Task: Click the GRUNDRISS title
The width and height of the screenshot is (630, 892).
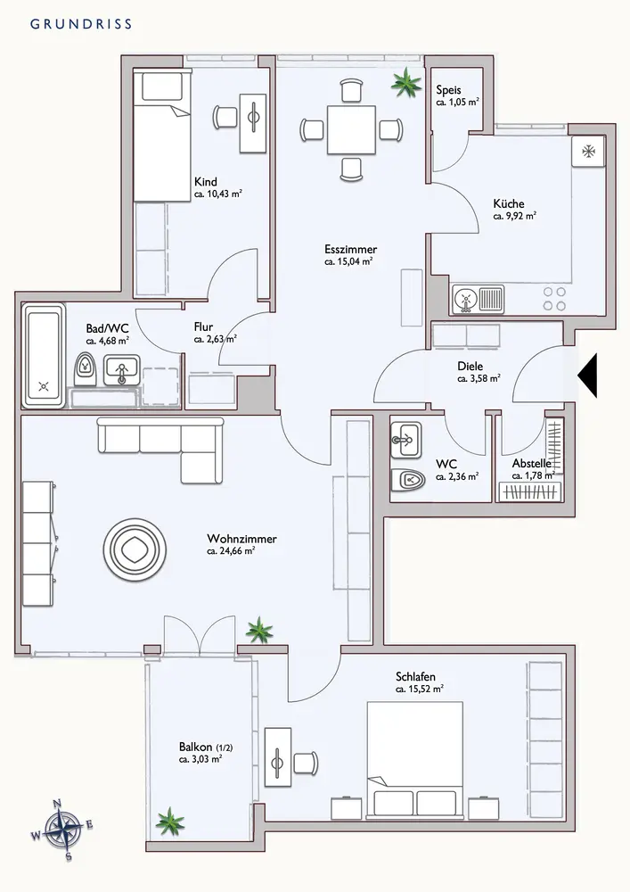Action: tap(81, 24)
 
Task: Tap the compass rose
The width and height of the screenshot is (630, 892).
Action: tap(62, 830)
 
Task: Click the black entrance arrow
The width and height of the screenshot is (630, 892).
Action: tap(587, 375)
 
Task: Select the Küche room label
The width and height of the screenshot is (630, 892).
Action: tap(509, 203)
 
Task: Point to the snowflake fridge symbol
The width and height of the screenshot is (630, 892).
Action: tap(588, 152)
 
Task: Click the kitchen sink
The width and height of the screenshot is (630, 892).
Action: tap(479, 299)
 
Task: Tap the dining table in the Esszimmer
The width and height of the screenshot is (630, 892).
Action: tap(351, 129)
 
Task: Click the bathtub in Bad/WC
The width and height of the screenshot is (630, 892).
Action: tap(44, 356)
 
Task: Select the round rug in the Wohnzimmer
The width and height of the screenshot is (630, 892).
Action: tap(135, 549)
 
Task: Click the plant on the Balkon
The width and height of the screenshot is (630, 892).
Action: tap(170, 822)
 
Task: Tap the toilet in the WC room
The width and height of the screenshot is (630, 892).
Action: tap(408, 481)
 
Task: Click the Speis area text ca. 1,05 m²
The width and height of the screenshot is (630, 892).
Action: tap(457, 103)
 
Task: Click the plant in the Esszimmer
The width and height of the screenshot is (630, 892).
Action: tap(406, 82)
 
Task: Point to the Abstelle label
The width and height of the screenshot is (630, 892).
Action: tap(532, 463)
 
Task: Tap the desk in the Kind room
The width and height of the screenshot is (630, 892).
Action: tap(253, 123)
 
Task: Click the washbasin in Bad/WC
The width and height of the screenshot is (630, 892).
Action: tap(121, 370)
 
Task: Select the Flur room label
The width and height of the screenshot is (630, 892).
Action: tap(203, 327)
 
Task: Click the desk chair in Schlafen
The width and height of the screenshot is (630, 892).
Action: tap(306, 763)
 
